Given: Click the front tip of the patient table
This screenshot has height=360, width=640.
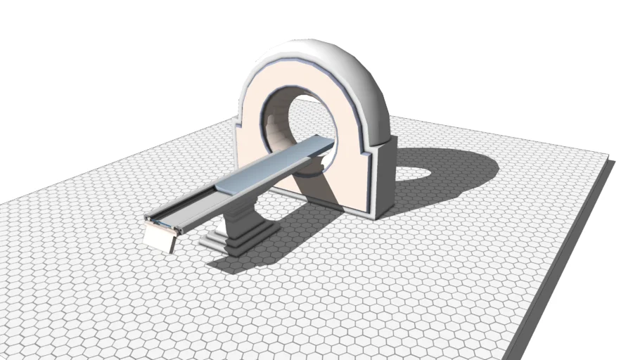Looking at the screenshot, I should tap(149, 219).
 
